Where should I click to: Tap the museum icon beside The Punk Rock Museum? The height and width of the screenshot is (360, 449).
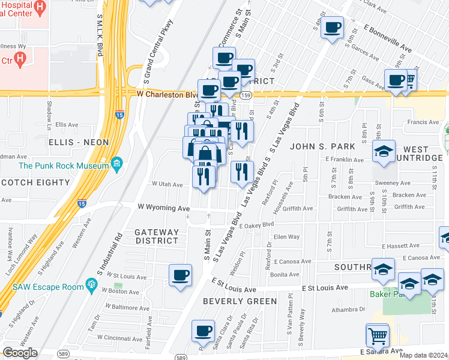tap(116, 163)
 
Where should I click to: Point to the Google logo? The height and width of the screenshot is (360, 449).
tap(20, 353)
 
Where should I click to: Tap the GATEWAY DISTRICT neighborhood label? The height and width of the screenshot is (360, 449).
tap(157, 236)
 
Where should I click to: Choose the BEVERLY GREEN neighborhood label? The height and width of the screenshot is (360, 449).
tap(240, 301)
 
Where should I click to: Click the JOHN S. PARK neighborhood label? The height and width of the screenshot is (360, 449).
tap(322, 146)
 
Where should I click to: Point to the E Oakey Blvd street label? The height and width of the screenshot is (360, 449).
tap(256, 225)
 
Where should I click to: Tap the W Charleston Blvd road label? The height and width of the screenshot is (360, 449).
tap(167, 94)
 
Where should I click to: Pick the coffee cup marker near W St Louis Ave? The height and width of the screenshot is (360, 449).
tap(180, 275)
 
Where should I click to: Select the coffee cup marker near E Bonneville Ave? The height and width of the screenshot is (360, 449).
tap(333, 27)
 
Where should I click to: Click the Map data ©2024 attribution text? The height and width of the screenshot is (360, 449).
tap(423, 355)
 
